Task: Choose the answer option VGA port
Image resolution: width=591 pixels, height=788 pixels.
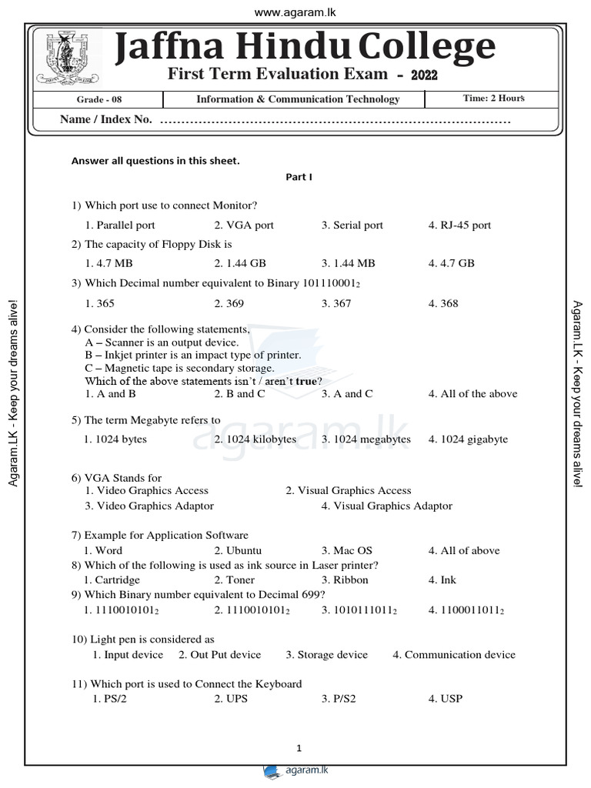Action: click(x=244, y=225)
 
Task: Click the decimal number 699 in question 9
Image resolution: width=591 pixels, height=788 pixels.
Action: click(x=312, y=595)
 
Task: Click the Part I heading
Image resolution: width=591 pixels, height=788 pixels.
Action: click(x=299, y=177)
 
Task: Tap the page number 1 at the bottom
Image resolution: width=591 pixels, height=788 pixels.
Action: click(x=299, y=748)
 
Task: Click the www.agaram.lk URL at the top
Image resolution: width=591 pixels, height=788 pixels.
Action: click(x=295, y=12)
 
